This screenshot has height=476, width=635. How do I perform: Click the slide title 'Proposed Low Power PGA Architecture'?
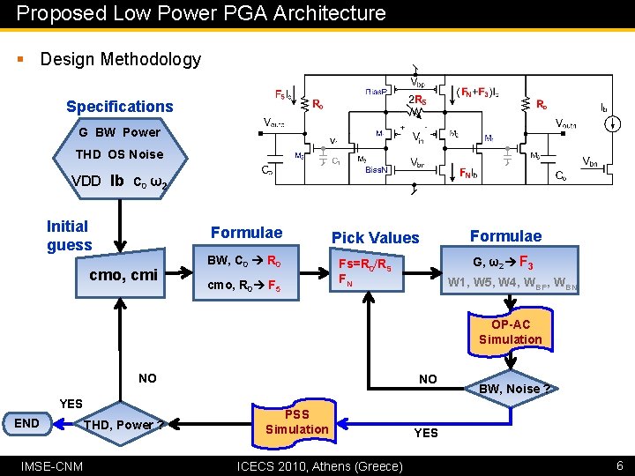pos(201,13)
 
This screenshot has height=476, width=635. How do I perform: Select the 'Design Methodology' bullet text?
pos(121,59)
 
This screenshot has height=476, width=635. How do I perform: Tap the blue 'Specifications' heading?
pos(120,107)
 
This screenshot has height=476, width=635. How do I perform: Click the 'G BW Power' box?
pos(119,132)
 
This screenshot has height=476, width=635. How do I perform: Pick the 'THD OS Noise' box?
pos(119,154)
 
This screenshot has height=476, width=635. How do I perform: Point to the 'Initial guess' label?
pos(69,235)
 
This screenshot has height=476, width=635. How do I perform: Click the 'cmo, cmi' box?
pos(123,275)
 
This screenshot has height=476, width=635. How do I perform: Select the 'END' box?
pos(27,423)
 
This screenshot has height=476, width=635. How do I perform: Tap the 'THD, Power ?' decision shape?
pos(123,425)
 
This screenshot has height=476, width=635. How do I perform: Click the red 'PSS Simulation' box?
pos(296,421)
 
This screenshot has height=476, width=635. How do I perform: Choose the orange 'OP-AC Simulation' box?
pos(510,331)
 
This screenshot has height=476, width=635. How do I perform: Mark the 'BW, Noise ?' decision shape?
pos(514,388)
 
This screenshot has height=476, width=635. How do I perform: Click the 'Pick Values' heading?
pos(375,237)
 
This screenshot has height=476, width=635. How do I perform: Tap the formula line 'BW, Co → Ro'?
pos(243,261)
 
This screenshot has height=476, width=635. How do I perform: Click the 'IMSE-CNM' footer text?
pos(53,465)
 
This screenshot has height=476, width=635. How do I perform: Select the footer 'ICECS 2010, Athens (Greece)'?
pos(320,465)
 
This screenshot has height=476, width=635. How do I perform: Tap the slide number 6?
pos(619,465)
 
